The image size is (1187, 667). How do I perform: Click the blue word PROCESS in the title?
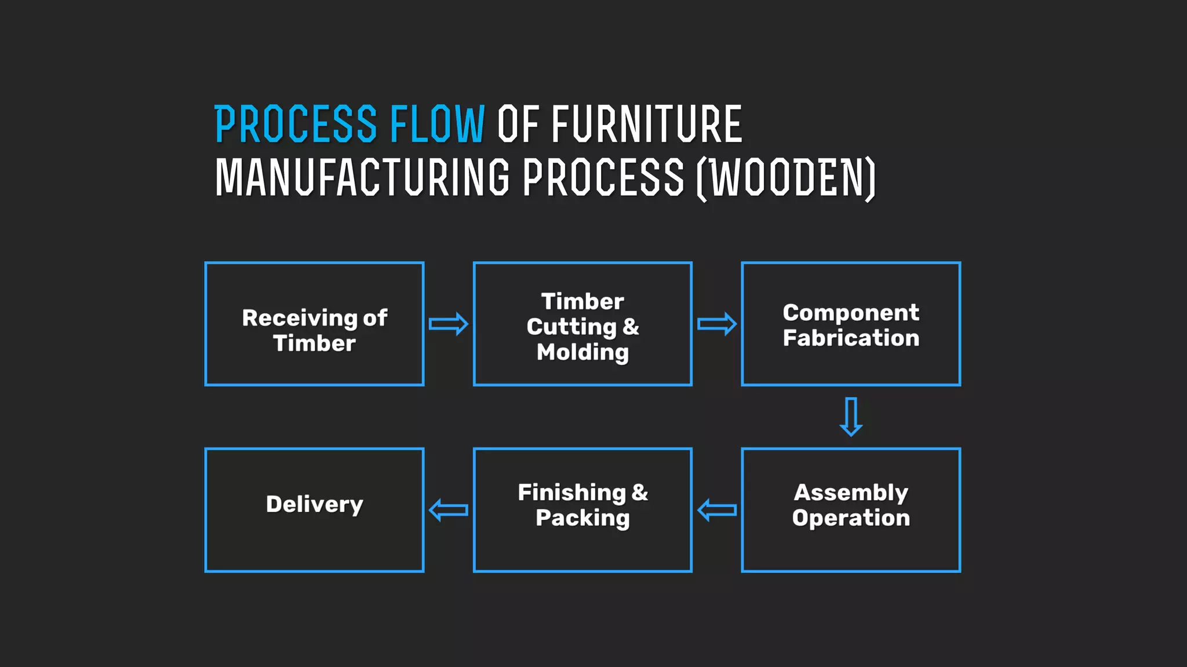[x=296, y=124]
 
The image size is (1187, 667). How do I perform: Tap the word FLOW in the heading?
[x=437, y=124]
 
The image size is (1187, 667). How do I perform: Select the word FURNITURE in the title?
[x=646, y=124]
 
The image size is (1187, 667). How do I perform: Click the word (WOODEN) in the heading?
[x=786, y=178]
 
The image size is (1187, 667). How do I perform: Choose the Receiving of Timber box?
[x=314, y=324]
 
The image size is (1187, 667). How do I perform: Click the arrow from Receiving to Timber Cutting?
[x=448, y=324]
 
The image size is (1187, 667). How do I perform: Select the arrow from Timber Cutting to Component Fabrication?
[x=716, y=324]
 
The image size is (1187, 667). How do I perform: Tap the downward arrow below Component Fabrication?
[x=851, y=416]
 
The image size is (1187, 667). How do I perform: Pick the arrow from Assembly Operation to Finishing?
[x=717, y=510]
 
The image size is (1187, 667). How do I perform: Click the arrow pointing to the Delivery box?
[x=448, y=510]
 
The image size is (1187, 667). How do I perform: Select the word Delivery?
[x=314, y=504]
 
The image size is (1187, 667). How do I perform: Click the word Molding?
[x=582, y=352]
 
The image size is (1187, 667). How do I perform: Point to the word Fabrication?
[x=851, y=338]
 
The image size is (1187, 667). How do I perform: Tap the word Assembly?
[x=851, y=493]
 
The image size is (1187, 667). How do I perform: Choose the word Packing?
[x=582, y=518]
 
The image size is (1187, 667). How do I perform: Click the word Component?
[x=851, y=313]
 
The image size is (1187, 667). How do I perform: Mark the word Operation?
[x=851, y=518]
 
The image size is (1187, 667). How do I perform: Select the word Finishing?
[x=571, y=493]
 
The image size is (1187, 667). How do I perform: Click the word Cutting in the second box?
[x=571, y=327]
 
